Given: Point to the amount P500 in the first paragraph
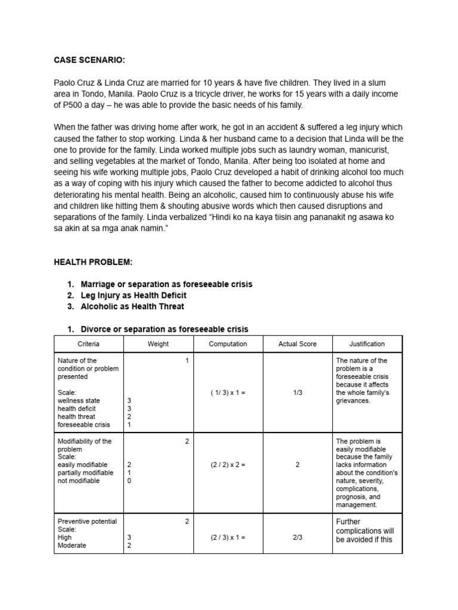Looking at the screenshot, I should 73,105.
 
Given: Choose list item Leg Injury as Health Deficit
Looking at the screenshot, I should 134,295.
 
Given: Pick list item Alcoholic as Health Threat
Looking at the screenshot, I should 132,306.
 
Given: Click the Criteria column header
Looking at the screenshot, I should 89,344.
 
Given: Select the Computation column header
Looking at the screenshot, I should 228,344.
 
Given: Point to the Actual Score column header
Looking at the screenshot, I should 298,344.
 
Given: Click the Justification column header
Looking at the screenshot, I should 367,344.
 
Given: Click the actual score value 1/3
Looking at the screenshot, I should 298,393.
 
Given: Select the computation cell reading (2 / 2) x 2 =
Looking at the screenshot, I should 228,465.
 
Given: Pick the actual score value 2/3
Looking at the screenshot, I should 298,537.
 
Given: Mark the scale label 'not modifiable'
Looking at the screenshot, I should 79,481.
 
